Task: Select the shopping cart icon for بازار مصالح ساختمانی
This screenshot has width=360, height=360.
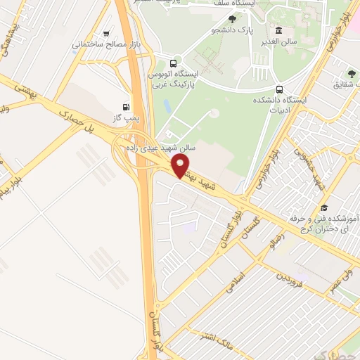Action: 106,32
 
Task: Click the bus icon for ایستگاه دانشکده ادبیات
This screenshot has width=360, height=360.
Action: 281,89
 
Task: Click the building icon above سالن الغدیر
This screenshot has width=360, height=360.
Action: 279,30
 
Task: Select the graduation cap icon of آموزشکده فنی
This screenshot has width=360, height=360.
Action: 324,207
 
